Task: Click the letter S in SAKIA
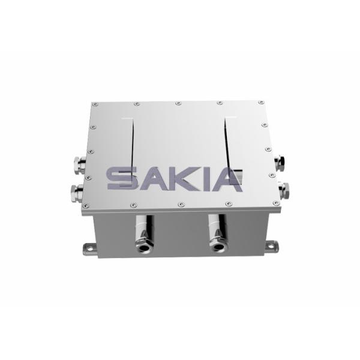pos(122,179)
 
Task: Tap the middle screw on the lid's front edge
pos(180,206)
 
